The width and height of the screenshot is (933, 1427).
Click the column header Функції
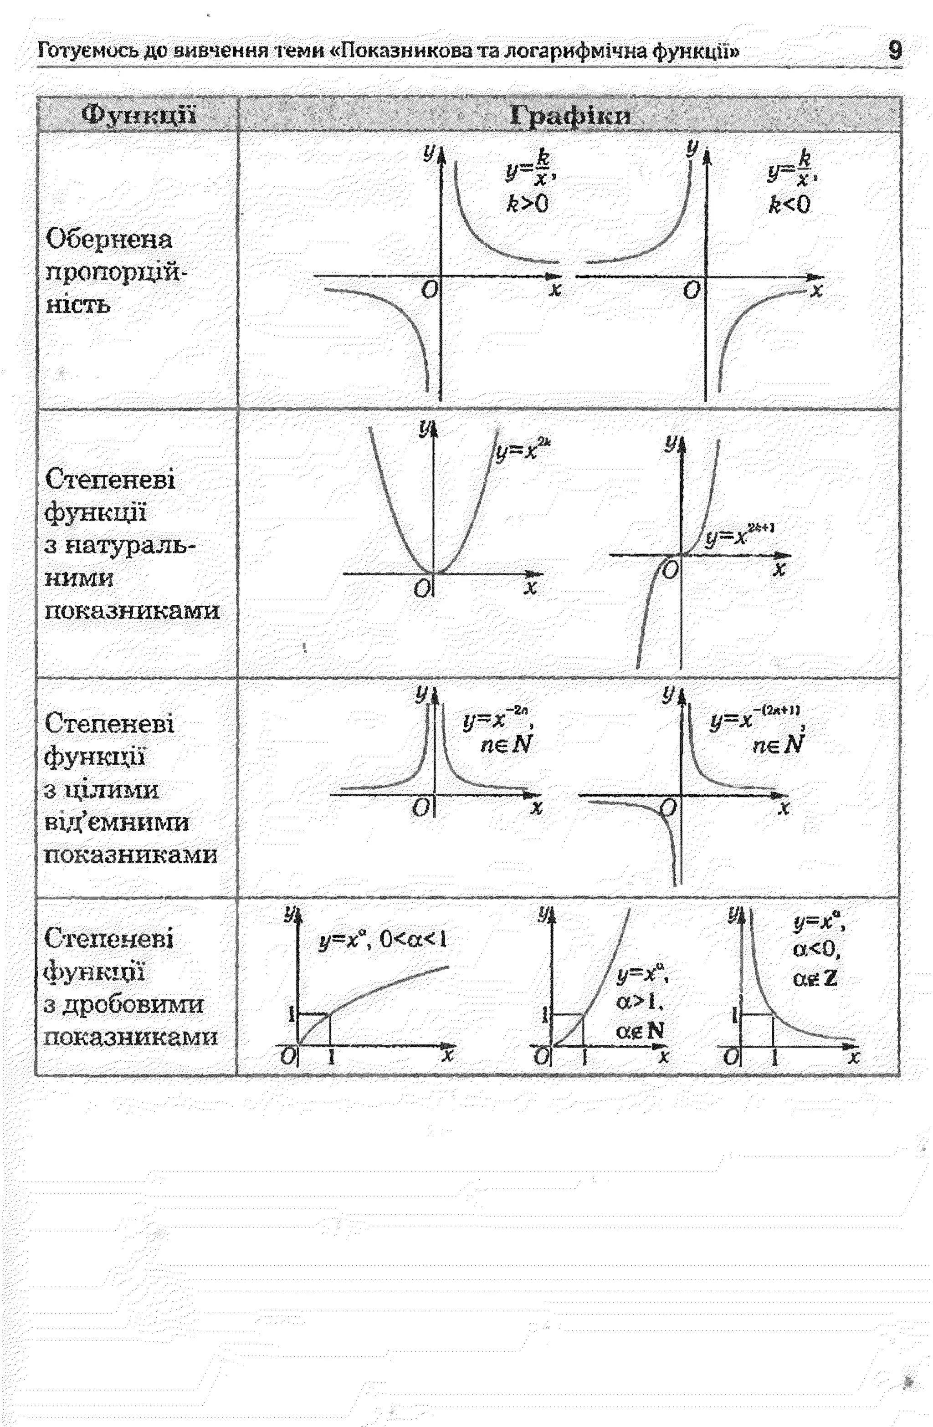point(138,114)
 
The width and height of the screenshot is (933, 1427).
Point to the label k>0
point(527,205)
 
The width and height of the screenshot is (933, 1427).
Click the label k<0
point(789,205)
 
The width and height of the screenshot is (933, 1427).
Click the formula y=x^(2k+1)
point(739,534)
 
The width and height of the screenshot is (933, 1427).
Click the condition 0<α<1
point(414,939)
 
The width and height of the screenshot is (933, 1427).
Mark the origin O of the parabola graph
point(421,589)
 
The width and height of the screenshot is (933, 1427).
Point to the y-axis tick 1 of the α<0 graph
point(734,1014)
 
